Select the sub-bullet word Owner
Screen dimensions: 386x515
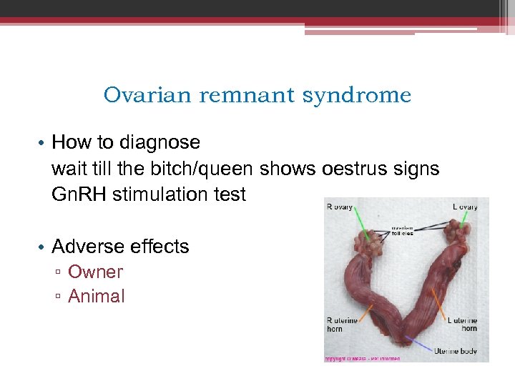coord(95,272)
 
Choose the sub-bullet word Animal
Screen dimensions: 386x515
coord(96,296)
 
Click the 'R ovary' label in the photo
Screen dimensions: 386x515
coord(340,207)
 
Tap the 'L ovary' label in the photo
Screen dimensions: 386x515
coord(465,207)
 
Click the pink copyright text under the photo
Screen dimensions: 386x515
coord(362,358)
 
